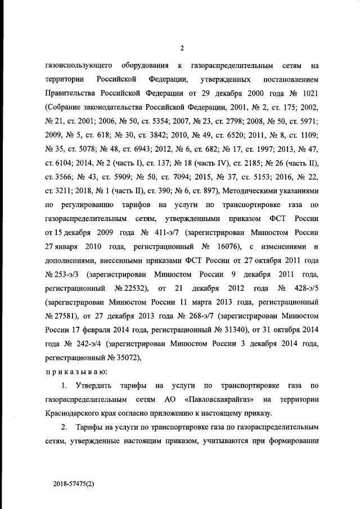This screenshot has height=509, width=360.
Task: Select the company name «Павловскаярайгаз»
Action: coord(215,399)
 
